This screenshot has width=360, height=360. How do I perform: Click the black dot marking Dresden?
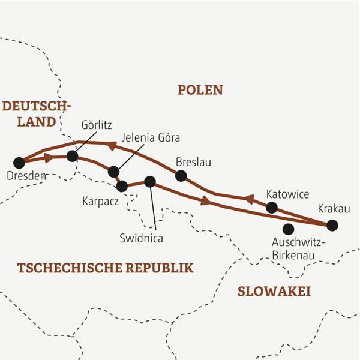click(19, 162)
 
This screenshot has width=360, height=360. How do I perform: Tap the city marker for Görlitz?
click(73, 156)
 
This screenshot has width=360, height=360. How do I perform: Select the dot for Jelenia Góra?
click(113, 172)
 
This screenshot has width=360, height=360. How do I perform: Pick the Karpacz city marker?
click(122, 186)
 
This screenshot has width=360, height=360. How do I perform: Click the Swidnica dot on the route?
click(150, 181)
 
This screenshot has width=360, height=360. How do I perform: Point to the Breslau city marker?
click(181, 176)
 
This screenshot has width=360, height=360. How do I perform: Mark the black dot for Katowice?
click(272, 208)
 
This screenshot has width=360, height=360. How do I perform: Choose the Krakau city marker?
click(332, 226)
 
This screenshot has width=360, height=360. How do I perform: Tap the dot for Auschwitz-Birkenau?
click(288, 229)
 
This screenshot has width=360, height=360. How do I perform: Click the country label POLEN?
click(200, 90)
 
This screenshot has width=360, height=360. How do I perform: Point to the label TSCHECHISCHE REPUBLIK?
click(106, 268)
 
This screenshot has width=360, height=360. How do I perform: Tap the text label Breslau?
click(193, 162)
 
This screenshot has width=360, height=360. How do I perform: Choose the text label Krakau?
click(334, 209)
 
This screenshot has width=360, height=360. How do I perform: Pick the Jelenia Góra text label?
click(150, 137)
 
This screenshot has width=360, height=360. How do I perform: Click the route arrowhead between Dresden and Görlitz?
click(47, 157)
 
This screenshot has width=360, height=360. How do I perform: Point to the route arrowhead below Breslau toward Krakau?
click(205, 202)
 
